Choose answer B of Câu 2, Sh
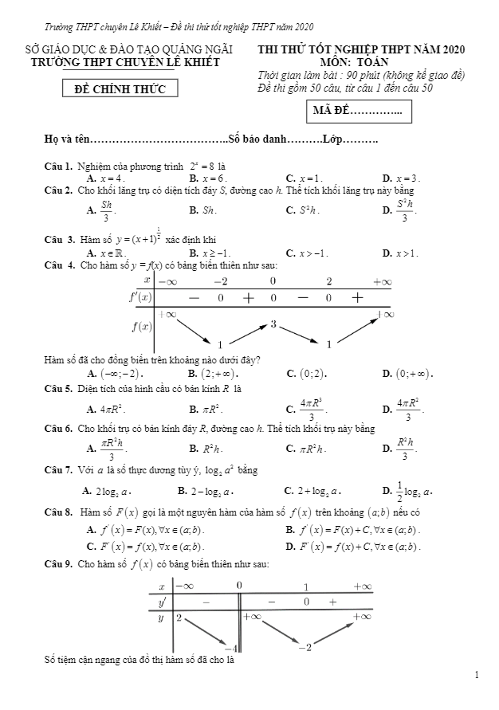point(204,211)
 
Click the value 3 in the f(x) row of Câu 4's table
point(273,324)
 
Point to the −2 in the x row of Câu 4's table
point(220,281)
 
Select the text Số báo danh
point(257,140)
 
